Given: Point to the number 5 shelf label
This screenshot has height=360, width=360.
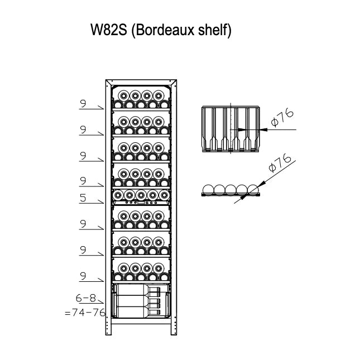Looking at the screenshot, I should (83, 197).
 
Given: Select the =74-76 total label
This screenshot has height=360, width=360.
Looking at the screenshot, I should (85, 313).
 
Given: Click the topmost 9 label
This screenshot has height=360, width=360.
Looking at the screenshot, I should (83, 103).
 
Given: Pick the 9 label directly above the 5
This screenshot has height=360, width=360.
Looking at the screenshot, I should (83, 180).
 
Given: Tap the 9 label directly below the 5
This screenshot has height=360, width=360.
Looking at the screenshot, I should (83, 224).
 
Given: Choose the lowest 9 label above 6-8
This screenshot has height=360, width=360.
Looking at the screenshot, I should (83, 275).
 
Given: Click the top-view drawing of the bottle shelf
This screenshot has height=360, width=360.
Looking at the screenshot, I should (229, 129).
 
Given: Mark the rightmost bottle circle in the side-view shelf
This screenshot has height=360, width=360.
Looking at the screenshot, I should (253, 190).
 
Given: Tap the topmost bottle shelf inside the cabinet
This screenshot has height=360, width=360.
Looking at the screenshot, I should (141, 98).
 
